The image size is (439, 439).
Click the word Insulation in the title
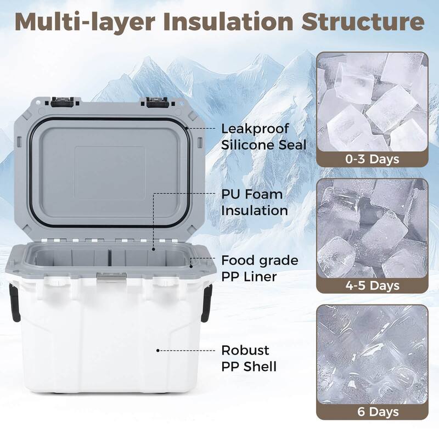coord(235,22)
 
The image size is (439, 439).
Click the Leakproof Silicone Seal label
coord(263,137)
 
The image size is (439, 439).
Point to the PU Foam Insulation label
coord(254,202)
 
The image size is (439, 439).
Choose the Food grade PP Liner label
coord(260,268)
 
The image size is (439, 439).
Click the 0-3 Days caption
coord(372,160)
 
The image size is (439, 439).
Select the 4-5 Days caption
coord(372,285)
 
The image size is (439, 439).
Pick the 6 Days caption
coord(372,411)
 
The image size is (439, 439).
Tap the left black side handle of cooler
coord(15,302)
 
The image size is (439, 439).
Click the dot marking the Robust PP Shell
coord(158,350)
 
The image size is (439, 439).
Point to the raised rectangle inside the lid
coord(110,172)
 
